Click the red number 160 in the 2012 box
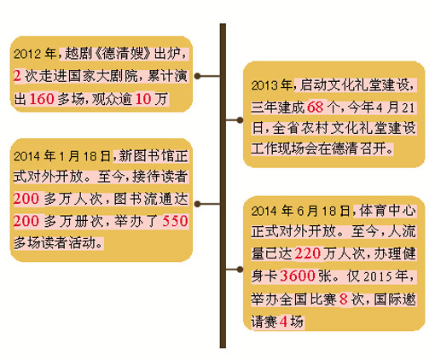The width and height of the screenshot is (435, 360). pyautogui.click(x=42, y=99)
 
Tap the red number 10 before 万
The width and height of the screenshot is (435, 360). pyautogui.click(x=143, y=99)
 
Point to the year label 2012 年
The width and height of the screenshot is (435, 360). pyautogui.click(x=35, y=54)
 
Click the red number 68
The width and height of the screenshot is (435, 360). pyautogui.click(x=316, y=107)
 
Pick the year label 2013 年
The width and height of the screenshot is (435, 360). pyautogui.click(x=271, y=85)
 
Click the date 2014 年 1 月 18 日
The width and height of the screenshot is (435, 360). pyautogui.click(x=62, y=156)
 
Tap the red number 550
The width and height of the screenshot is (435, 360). pyautogui.click(x=175, y=221)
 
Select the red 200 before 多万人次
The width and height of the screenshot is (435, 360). pyautogui.click(x=26, y=199)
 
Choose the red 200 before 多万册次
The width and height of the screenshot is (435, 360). pyautogui.click(x=26, y=221)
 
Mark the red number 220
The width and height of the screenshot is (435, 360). pyautogui.click(x=308, y=253)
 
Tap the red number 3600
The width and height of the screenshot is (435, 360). pyautogui.click(x=298, y=276)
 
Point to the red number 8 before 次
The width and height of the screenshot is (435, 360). pyautogui.click(x=344, y=299)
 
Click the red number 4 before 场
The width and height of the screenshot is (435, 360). pyautogui.click(x=283, y=322)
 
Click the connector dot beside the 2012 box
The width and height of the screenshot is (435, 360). pyautogui.click(x=198, y=76)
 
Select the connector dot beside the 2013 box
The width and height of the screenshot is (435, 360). pyautogui.click(x=240, y=120)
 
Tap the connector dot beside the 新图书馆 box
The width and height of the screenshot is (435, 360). pyautogui.click(x=198, y=204)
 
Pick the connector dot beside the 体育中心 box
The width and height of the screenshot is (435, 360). pyautogui.click(x=240, y=269)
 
